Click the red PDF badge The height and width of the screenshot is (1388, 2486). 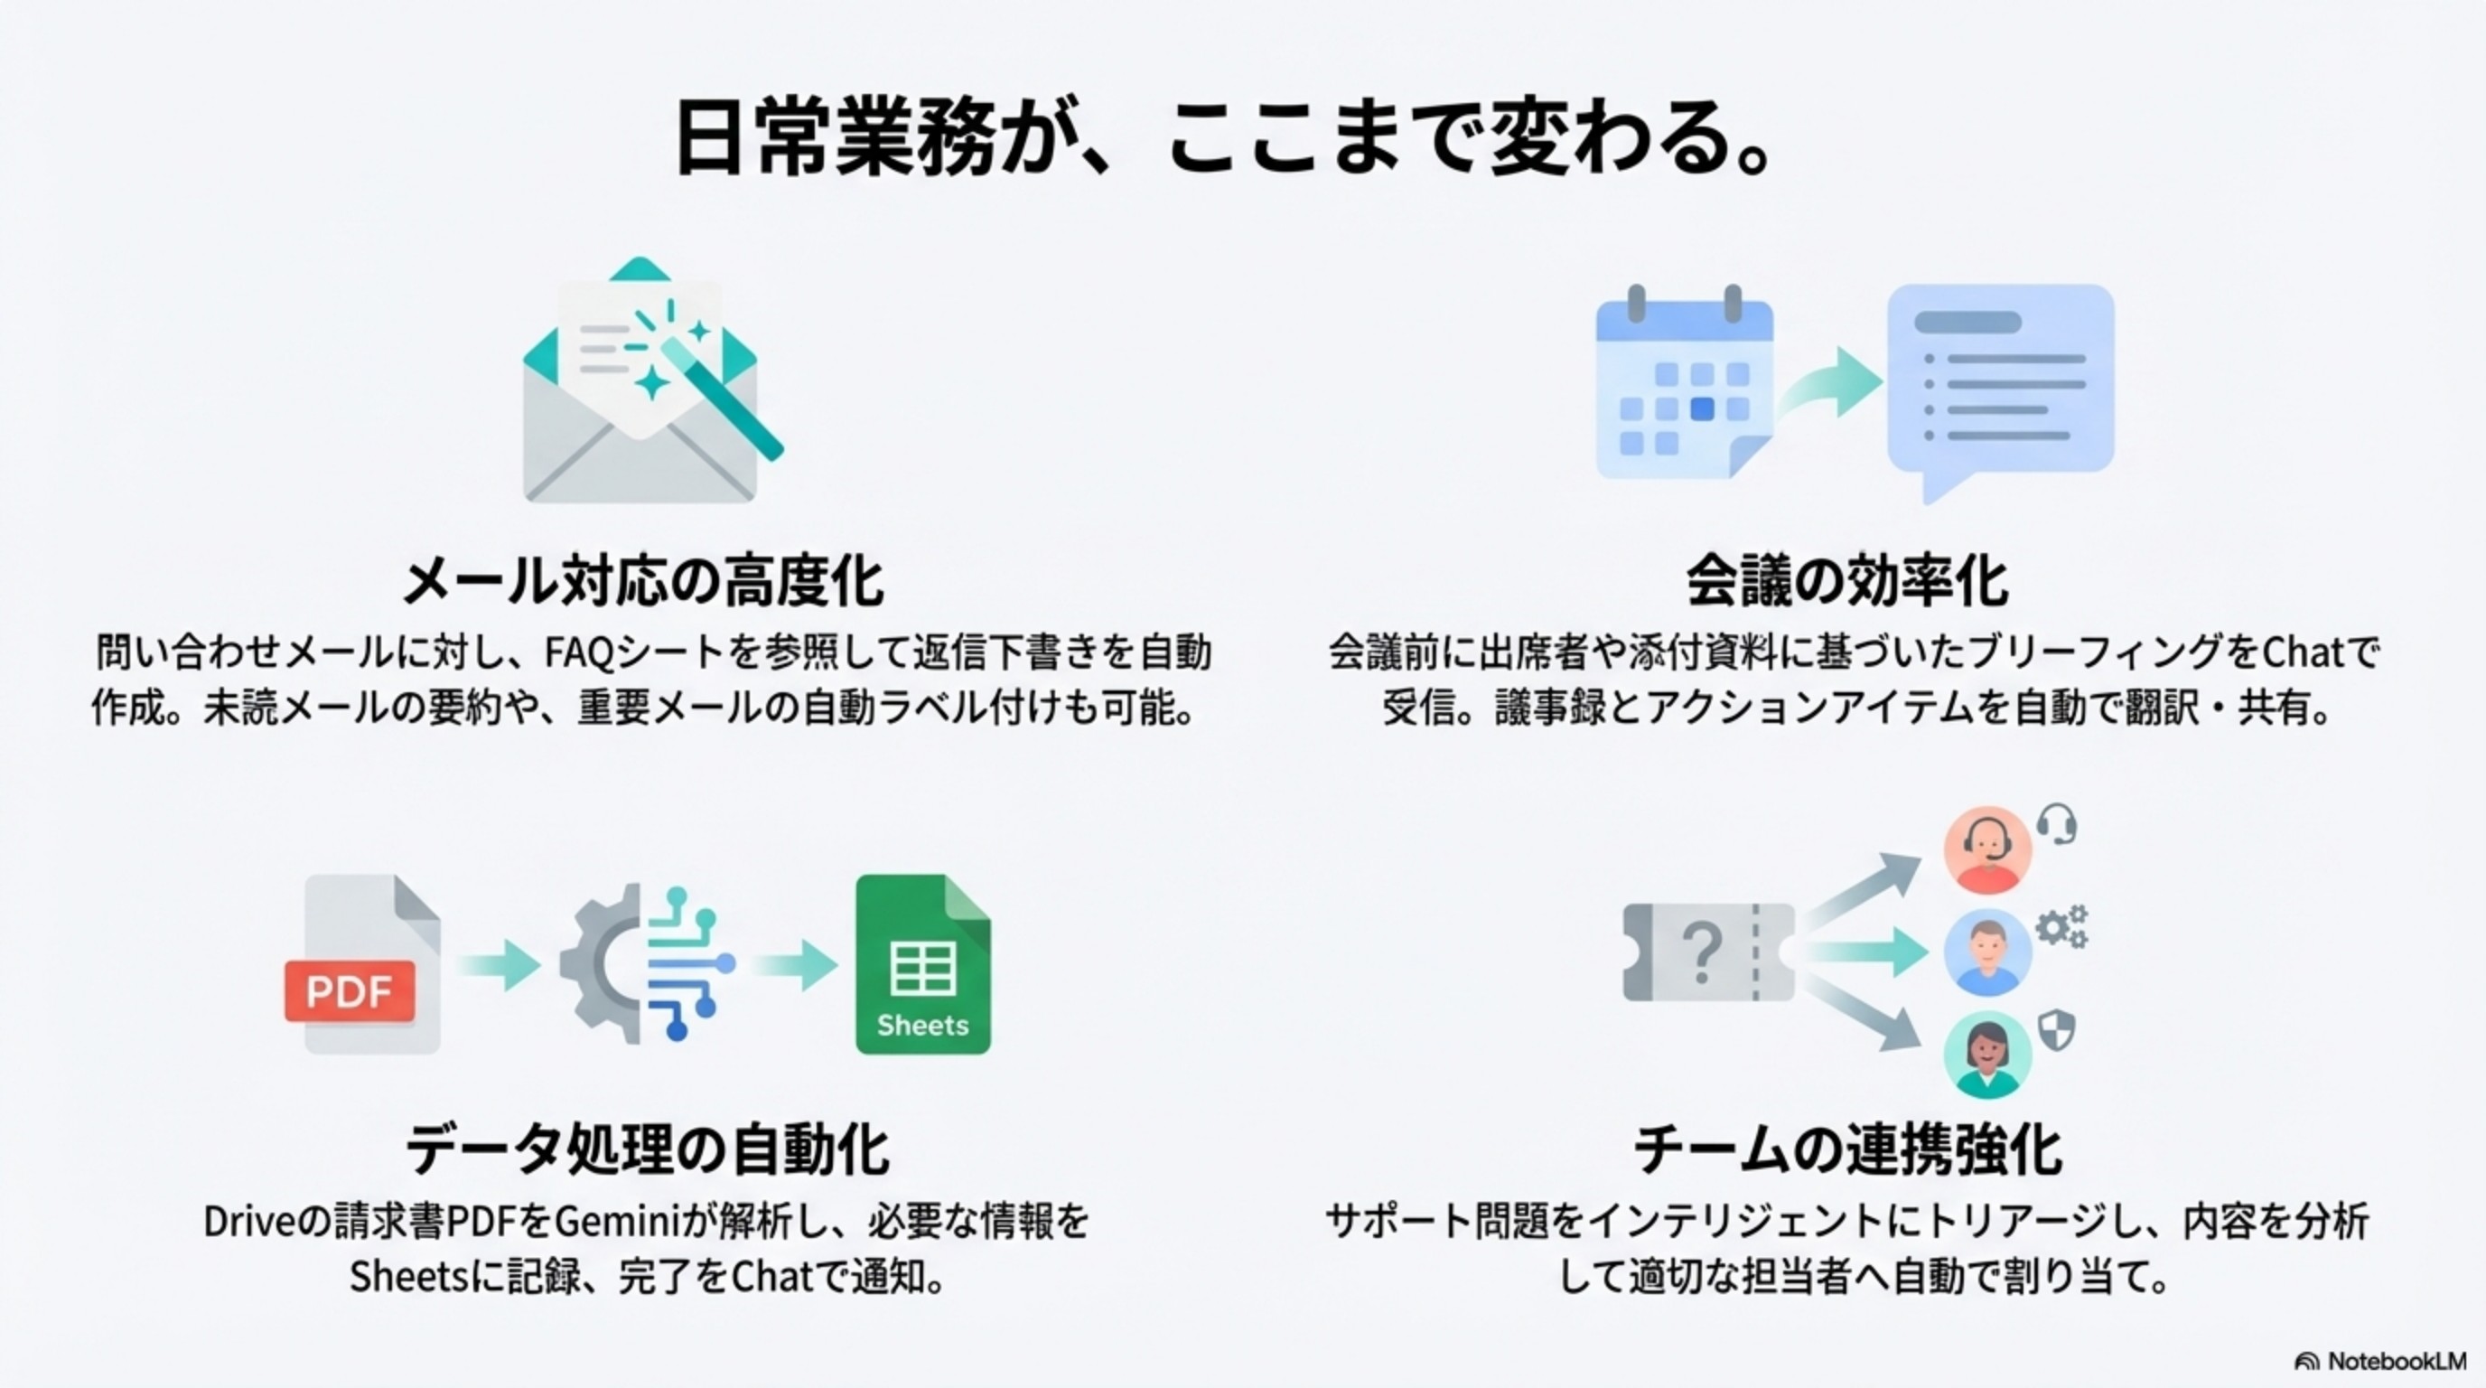tap(350, 990)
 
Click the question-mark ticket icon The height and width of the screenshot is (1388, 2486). tap(1708, 952)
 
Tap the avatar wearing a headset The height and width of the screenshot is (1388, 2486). tap(1987, 849)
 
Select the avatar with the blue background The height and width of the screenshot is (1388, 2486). tap(1987, 952)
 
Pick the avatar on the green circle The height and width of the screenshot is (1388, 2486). tap(1987, 1054)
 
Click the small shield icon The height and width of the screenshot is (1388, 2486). tap(2057, 1031)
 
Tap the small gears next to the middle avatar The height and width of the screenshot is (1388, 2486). tap(2061, 927)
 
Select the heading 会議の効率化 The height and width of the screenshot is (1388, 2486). tap(1847, 582)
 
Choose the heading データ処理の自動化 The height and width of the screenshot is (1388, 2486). tap(647, 1149)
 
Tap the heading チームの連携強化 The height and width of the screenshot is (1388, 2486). tap(1847, 1149)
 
